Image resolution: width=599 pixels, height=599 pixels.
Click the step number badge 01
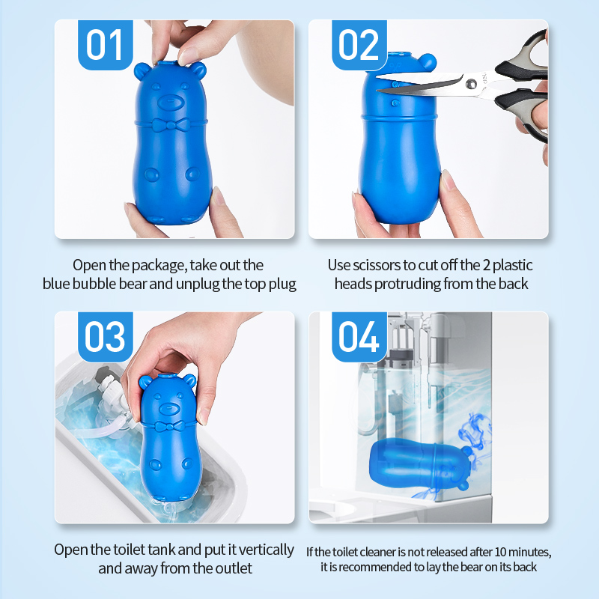click(105, 45)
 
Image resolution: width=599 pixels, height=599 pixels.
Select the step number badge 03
click(105, 337)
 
